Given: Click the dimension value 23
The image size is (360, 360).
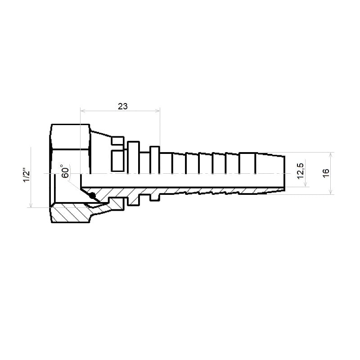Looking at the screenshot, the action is pos(122,106).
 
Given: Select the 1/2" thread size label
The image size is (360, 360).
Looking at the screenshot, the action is pos(27,176).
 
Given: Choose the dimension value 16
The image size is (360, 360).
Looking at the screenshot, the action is pos(325,173).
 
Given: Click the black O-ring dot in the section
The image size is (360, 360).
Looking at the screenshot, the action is pos(92,196).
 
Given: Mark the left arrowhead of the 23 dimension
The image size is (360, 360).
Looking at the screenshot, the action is pos(83,111).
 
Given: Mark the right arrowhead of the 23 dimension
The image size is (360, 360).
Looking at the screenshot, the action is pos(157,111).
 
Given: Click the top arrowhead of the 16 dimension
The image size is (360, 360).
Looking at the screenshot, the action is pos(331,155).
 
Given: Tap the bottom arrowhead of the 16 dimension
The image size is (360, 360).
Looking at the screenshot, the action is pos(331,192).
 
